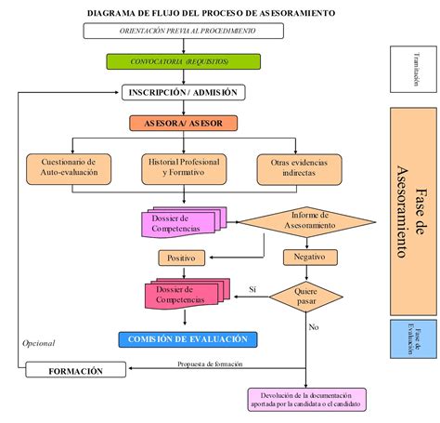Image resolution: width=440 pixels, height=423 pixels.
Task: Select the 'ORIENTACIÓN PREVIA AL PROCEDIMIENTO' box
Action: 183,31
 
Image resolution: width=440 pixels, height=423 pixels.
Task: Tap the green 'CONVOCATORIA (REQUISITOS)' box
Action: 183,61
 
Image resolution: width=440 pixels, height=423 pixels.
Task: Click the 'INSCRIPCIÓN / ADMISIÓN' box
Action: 183,92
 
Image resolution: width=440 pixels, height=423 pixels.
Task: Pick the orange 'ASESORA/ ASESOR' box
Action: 183,123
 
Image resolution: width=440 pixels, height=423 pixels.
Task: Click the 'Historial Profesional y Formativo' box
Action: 183,167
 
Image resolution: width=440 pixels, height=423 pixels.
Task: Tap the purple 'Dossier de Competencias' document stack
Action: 175,223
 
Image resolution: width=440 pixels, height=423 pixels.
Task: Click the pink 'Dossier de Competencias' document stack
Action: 183,295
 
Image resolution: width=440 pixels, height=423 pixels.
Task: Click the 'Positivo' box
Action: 183,257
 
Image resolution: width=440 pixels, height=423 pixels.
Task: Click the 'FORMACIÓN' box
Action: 76,371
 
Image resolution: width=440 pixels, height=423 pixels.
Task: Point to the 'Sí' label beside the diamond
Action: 252,290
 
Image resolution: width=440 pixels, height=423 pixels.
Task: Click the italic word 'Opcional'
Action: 39,343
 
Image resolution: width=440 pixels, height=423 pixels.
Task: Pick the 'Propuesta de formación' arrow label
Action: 212,364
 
